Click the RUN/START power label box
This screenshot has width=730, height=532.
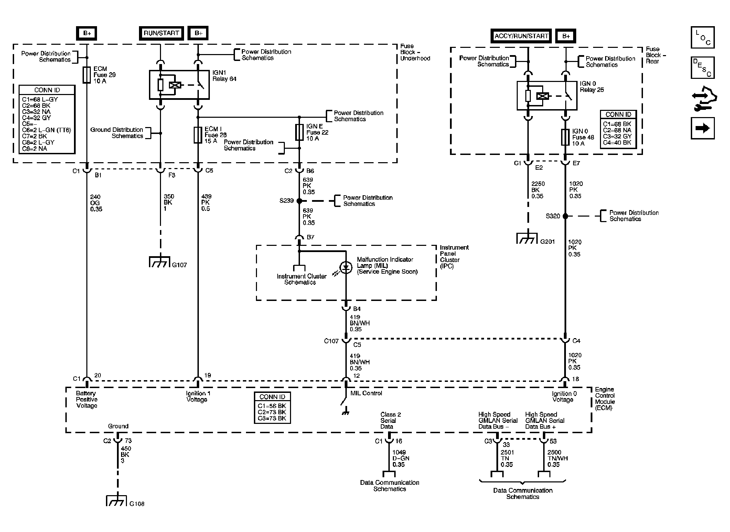click(161, 33)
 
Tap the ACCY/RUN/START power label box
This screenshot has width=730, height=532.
click(521, 36)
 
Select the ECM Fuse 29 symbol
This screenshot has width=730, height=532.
click(87, 75)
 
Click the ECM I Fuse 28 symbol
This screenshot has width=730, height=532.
click(198, 135)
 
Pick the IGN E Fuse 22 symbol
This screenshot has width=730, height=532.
click(299, 132)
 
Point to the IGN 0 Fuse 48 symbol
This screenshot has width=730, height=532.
click(565, 137)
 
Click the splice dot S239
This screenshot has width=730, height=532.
click(299, 201)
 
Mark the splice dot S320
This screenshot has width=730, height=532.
click(565, 216)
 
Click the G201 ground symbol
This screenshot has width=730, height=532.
click(527, 238)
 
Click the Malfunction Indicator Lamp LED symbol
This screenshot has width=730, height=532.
click(346, 268)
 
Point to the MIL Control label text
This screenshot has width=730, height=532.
click(366, 393)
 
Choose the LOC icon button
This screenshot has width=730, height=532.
click(702, 37)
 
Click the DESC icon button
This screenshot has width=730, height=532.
click(702, 67)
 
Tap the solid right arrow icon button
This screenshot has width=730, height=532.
click(702, 128)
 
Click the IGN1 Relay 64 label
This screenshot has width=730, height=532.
click(224, 76)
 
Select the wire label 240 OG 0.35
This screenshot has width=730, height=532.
click(96, 203)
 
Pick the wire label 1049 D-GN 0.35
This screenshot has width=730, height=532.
click(399, 458)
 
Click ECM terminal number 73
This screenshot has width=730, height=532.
click(128, 441)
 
